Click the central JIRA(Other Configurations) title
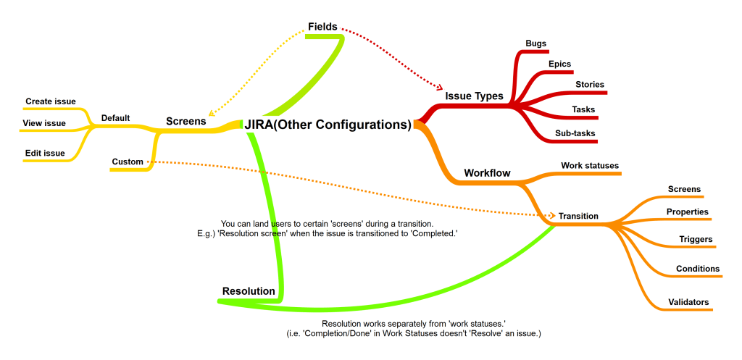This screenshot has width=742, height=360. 328,125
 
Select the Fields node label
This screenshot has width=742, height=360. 322,27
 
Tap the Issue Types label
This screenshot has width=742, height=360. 474,96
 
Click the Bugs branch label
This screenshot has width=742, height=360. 535,43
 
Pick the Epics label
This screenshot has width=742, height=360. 559,64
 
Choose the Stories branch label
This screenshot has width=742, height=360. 590,85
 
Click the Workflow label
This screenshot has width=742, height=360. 487,174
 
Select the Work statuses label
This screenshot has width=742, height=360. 590,166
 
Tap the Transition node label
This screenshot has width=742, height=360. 578,216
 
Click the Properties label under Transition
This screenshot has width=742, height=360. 687,212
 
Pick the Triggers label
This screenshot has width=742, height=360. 696,239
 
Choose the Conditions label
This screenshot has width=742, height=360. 698,269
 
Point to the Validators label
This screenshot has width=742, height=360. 688,301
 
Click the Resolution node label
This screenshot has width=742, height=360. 249,291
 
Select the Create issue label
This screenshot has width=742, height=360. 51,101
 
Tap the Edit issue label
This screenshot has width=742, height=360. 44,153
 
